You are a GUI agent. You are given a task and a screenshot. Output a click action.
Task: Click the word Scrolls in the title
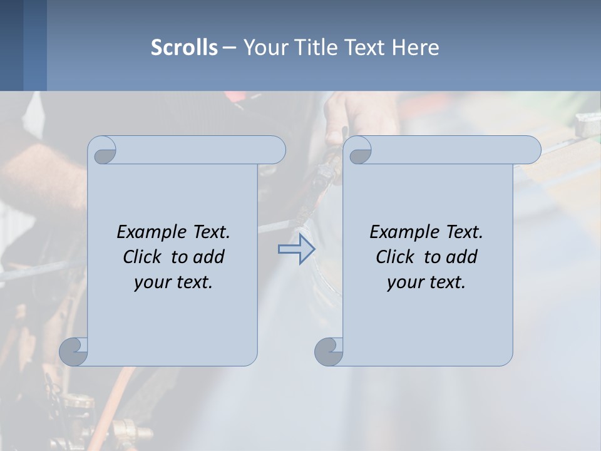[x=184, y=48]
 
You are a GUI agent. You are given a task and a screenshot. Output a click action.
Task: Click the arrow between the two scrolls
[x=296, y=249]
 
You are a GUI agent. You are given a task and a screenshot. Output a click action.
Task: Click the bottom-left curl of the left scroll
[x=73, y=351]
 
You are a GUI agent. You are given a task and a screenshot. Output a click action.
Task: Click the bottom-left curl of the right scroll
[x=328, y=351]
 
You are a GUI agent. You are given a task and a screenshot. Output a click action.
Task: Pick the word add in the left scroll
[x=208, y=257]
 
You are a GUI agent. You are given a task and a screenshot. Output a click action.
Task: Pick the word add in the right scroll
[x=461, y=257]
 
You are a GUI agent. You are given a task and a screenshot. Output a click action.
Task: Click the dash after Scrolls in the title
[x=230, y=48]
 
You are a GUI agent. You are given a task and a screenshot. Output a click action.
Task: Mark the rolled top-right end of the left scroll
[x=274, y=150]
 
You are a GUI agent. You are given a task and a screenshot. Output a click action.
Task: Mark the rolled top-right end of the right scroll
[x=530, y=150]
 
